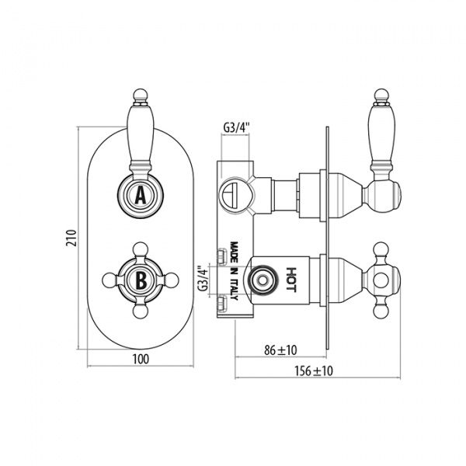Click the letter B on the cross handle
point(141,280)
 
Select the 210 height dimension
point(71,238)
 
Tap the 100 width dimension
point(141,359)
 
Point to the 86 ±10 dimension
point(280,350)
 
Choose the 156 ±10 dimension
point(314,371)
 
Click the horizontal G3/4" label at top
point(236,127)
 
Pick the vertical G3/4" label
point(203,279)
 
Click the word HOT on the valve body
point(291,280)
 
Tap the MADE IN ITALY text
point(235,271)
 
